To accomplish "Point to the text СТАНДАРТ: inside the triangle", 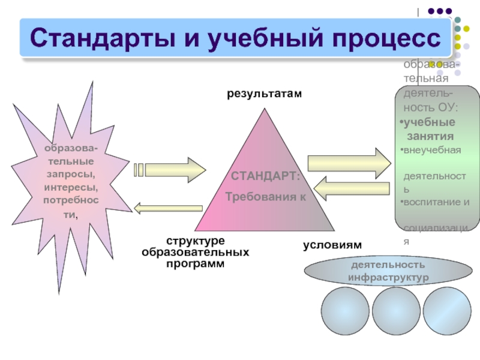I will [265, 177].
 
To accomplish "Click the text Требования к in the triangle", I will [265, 197].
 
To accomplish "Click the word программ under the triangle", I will [195, 263].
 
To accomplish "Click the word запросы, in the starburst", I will [72, 174].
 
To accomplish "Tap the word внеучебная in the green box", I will [432, 149].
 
